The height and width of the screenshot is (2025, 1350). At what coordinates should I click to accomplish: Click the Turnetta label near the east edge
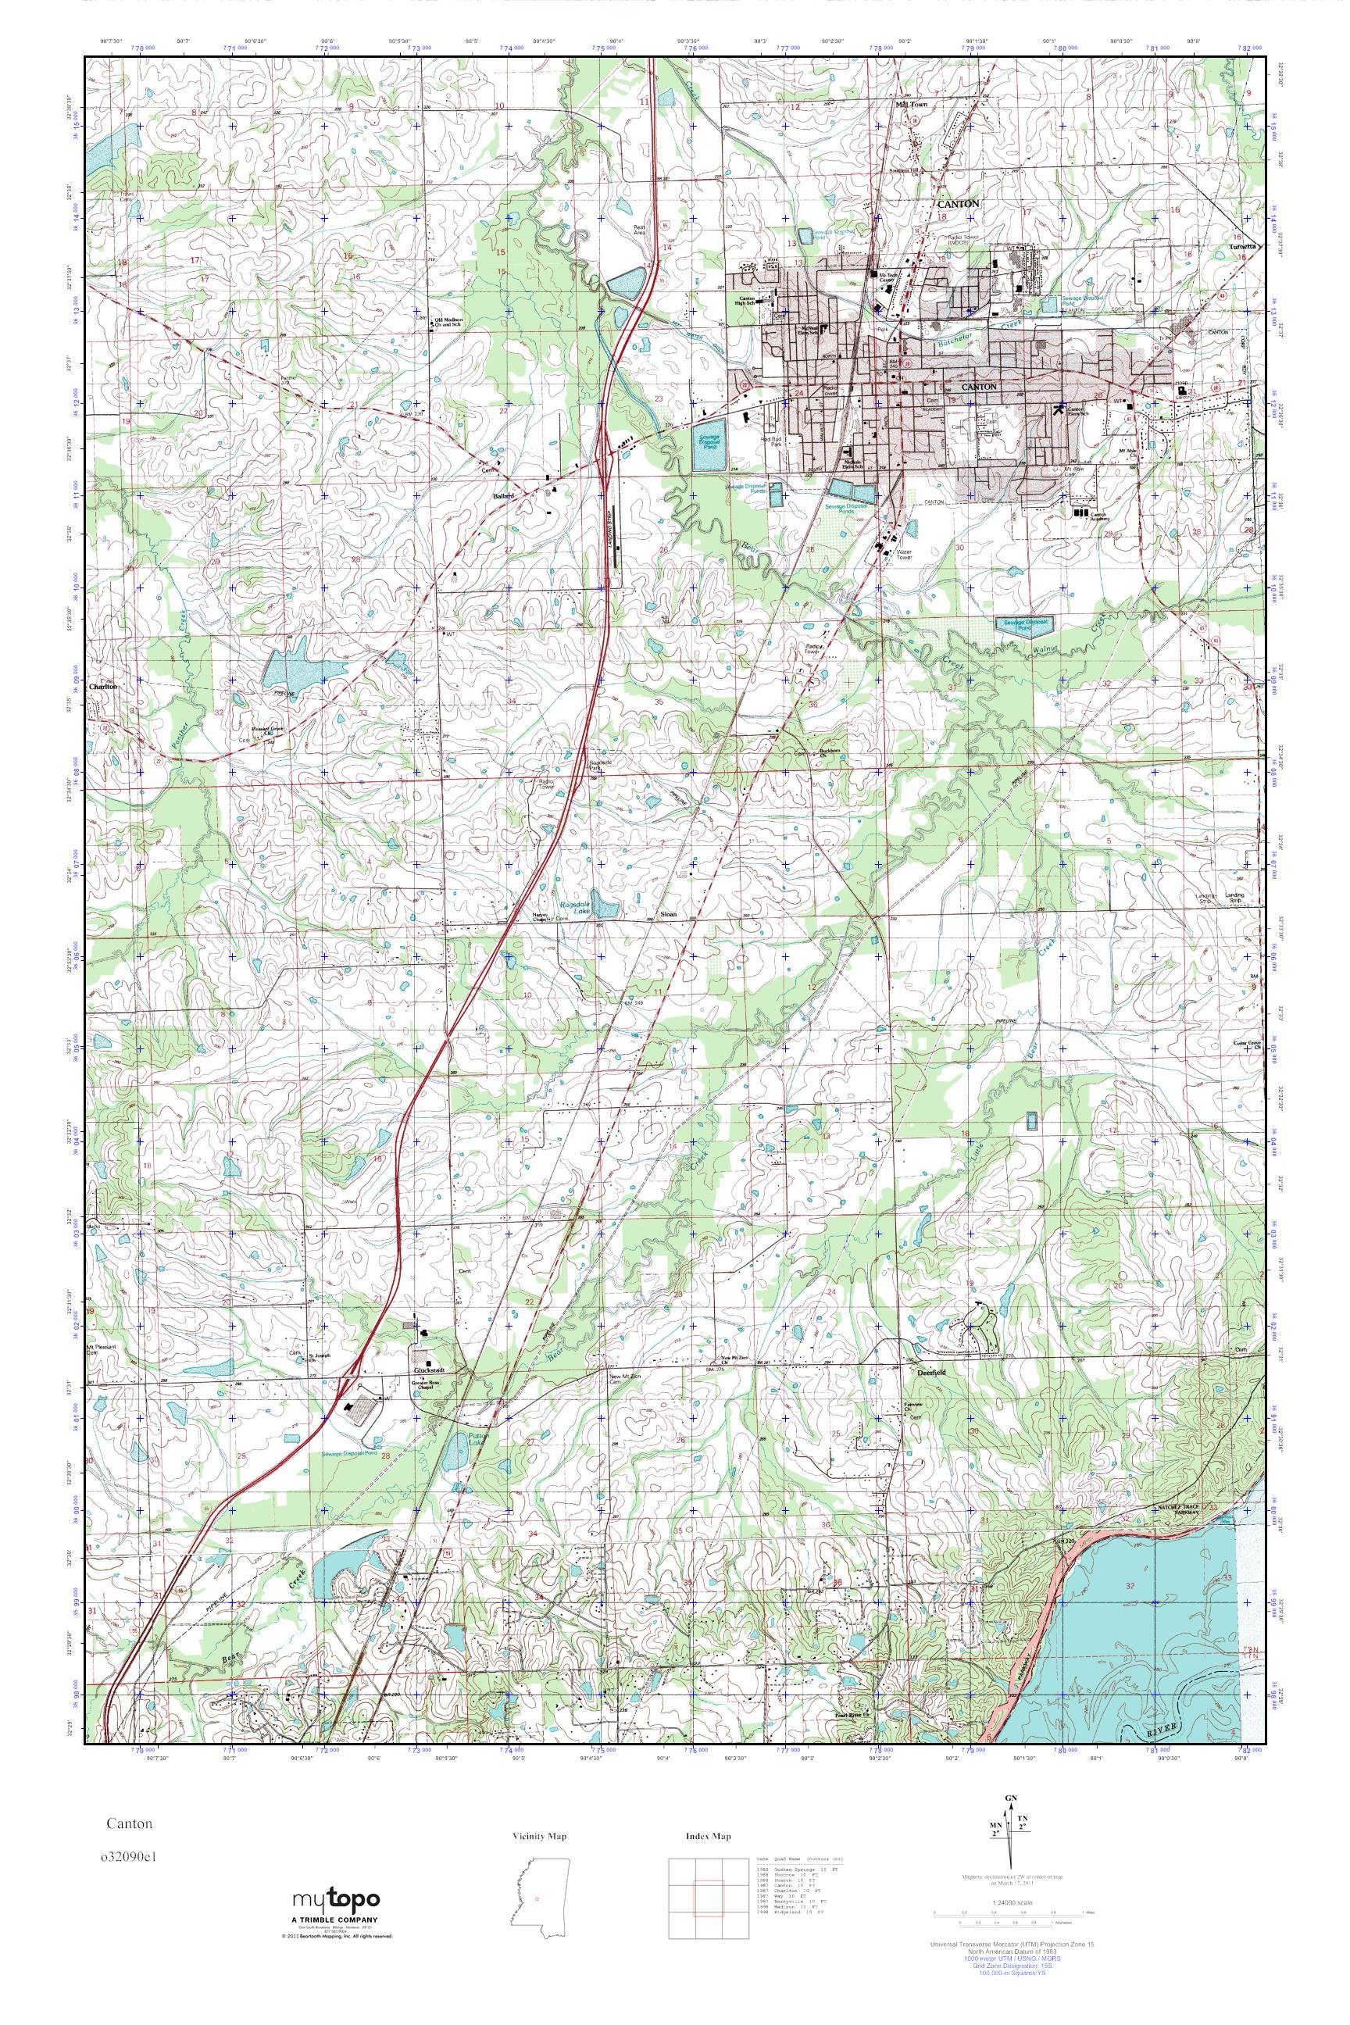point(1244,245)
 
